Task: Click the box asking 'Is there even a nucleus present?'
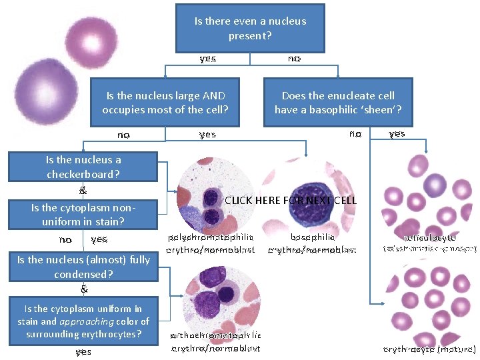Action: pyautogui.click(x=250, y=27)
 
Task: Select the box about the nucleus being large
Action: pyautogui.click(x=165, y=102)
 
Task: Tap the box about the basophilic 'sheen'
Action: pyautogui.click(x=338, y=102)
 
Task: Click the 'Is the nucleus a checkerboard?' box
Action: pyautogui.click(x=83, y=167)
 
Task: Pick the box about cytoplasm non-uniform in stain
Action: pyautogui.click(x=83, y=214)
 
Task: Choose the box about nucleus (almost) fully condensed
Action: pyautogui.click(x=83, y=267)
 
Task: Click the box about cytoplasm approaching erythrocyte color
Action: pyautogui.click(x=83, y=321)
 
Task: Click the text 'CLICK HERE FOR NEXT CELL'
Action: pyautogui.click(x=291, y=200)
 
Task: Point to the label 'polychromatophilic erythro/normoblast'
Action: pyautogui.click(x=211, y=243)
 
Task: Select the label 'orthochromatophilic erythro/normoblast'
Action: pyautogui.click(x=216, y=341)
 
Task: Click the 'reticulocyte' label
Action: pyautogui.click(x=429, y=237)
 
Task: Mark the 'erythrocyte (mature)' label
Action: pyautogui.click(x=429, y=349)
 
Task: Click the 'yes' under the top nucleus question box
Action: pyautogui.click(x=207, y=59)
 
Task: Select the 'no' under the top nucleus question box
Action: pyautogui.click(x=294, y=59)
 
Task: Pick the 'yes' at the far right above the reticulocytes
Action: pyautogui.click(x=397, y=134)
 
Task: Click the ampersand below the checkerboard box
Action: pyautogui.click(x=83, y=191)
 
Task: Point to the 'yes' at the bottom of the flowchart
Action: pyautogui.click(x=83, y=351)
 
